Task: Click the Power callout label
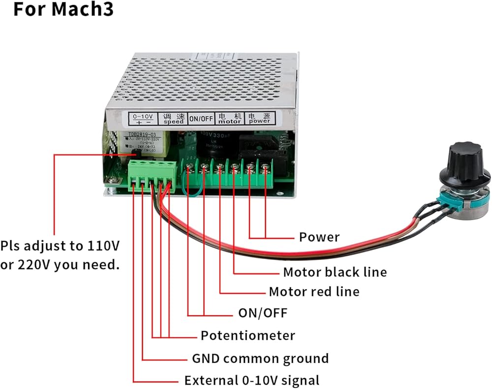click(x=319, y=237)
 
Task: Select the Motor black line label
click(x=335, y=272)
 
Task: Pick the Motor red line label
click(x=314, y=292)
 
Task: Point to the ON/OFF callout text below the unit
click(x=262, y=313)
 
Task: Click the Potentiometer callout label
click(x=247, y=336)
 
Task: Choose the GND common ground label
click(x=260, y=358)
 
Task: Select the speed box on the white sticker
click(x=174, y=118)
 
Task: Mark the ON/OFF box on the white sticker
click(x=201, y=119)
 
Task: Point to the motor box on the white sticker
click(x=230, y=119)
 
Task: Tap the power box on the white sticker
click(x=260, y=119)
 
